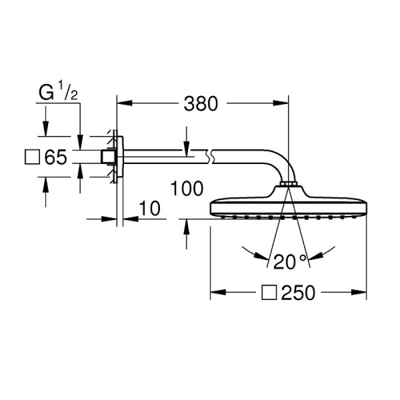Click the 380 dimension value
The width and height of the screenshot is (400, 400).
201,103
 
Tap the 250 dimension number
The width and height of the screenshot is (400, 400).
298,293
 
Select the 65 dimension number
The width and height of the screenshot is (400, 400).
55,157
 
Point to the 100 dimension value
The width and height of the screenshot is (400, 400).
187,188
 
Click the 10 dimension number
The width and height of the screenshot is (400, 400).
150,208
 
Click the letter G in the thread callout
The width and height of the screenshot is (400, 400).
46,92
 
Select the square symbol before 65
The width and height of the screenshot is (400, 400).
32,157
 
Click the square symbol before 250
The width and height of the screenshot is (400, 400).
269,293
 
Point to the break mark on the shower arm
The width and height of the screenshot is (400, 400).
209,156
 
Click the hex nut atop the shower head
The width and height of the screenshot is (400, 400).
289,184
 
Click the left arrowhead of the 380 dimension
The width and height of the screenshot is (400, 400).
125,103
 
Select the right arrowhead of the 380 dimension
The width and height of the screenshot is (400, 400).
281,103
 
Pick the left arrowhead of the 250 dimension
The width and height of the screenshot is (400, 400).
218,293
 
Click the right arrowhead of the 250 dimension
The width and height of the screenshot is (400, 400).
359,293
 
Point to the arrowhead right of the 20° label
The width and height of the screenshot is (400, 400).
316,256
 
